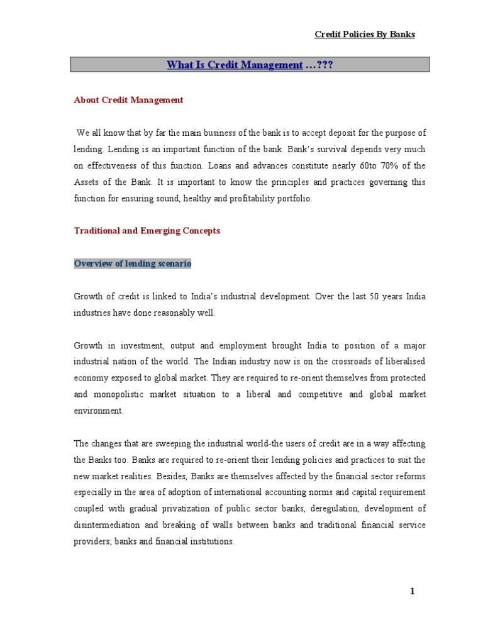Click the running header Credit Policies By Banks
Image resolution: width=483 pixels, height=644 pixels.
point(365,35)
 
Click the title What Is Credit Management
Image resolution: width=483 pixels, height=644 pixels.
point(235,65)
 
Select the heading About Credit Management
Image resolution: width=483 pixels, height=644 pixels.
point(128,99)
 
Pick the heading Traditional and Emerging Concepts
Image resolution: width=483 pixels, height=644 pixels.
point(147,231)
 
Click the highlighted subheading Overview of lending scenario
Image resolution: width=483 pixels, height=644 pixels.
point(133,264)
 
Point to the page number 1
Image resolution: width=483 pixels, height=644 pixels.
point(413,591)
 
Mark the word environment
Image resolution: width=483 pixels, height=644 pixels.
point(99,411)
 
